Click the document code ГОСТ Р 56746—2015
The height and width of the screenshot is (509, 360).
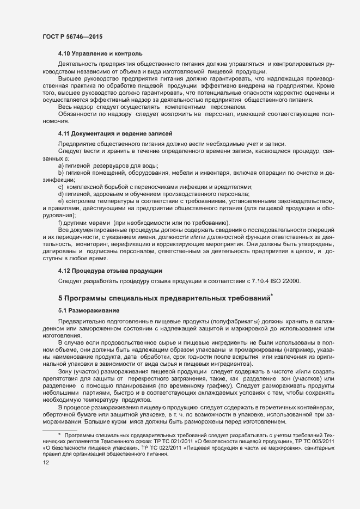[72, 36]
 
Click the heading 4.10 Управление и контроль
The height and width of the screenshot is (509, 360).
[100, 53]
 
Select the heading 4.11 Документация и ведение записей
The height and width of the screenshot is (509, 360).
[115, 133]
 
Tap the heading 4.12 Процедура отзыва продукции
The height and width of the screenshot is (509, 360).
[109, 271]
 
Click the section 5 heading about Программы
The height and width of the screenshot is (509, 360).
[165, 298]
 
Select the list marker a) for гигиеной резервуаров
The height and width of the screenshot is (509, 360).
[61, 165]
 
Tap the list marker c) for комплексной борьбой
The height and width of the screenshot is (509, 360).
[61, 186]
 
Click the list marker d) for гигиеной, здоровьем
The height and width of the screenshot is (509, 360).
[61, 193]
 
